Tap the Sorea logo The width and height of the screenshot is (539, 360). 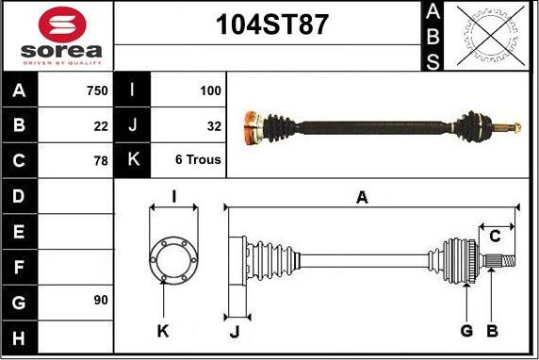pyautogui.click(x=60, y=36)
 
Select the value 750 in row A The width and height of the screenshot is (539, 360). pyautogui.click(x=95, y=90)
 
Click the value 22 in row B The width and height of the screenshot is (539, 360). pyautogui.click(x=101, y=125)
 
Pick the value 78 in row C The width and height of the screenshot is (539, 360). pyautogui.click(x=101, y=160)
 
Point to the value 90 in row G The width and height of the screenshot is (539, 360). pyautogui.click(x=101, y=300)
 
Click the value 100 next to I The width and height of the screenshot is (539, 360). pyautogui.click(x=210, y=90)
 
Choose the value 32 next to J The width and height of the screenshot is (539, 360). pyautogui.click(x=213, y=125)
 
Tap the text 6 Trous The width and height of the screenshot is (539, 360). pyautogui.click(x=198, y=160)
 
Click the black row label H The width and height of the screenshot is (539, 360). pyautogui.click(x=20, y=335)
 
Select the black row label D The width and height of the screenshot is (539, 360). pyautogui.click(x=20, y=196)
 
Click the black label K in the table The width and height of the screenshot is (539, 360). pyautogui.click(x=132, y=160)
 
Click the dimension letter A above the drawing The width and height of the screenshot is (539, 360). pyautogui.click(x=361, y=197)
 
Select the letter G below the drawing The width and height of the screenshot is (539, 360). pyautogui.click(x=465, y=330)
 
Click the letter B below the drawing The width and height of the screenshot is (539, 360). pyautogui.click(x=491, y=330)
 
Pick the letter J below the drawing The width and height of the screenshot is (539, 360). pyautogui.click(x=235, y=331)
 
